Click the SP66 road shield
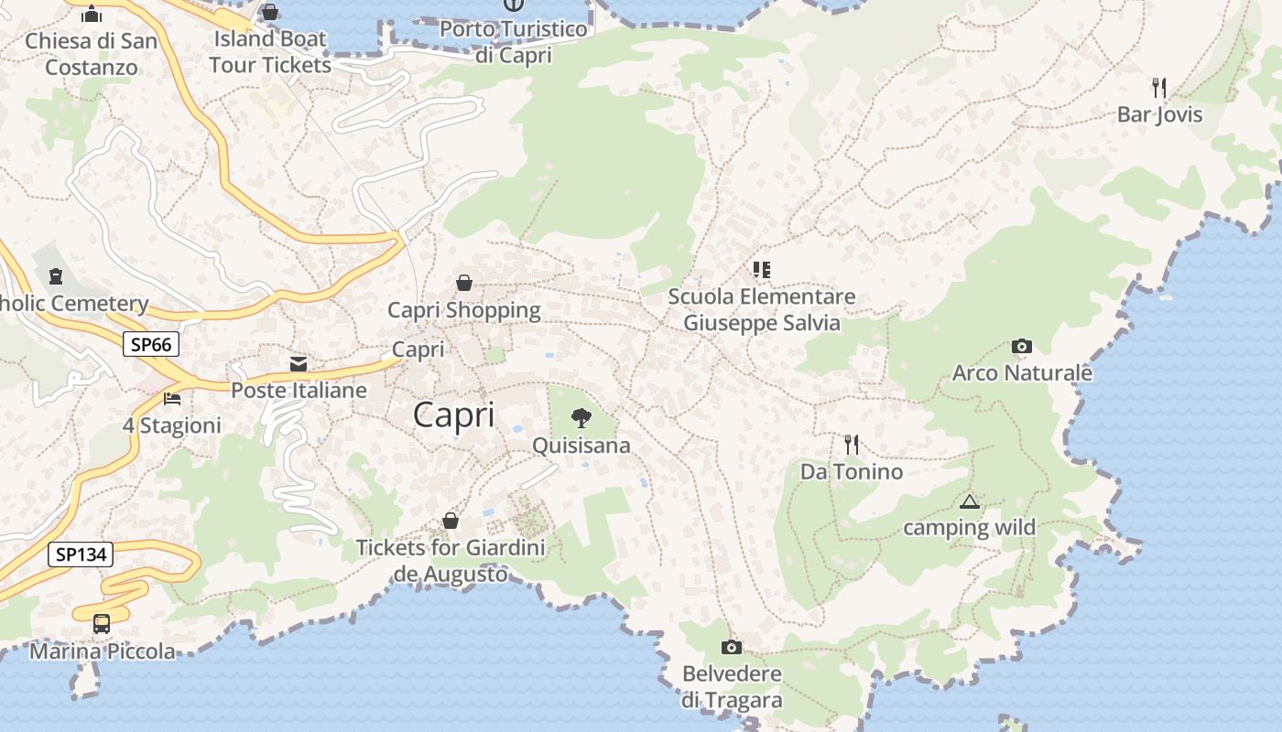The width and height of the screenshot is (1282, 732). [151, 344]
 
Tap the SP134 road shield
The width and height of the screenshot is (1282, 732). [81, 554]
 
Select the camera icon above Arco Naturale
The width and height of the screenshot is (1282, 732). [1022, 346]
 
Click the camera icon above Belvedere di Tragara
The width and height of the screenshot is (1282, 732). [732, 648]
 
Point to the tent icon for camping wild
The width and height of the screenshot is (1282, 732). [969, 501]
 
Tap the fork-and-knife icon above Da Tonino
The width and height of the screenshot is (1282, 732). [852, 445]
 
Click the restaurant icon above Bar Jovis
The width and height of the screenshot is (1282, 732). [1159, 88]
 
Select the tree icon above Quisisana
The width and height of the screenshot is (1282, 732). [581, 418]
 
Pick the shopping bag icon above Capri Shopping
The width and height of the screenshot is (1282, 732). [464, 283]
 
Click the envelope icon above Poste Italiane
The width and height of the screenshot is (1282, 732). [299, 364]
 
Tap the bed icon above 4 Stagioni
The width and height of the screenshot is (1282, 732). [171, 399]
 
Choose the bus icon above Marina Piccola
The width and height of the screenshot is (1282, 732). [102, 623]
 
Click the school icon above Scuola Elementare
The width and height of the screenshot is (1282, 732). [761, 269]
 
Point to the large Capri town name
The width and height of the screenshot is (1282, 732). [453, 414]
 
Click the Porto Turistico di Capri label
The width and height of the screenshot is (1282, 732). [513, 42]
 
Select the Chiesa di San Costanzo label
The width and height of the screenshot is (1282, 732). [92, 54]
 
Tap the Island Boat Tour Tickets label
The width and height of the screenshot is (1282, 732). [269, 52]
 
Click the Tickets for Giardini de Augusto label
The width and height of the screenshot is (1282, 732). [451, 561]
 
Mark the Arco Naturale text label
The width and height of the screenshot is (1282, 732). [1022, 372]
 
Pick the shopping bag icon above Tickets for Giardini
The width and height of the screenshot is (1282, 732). [451, 521]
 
